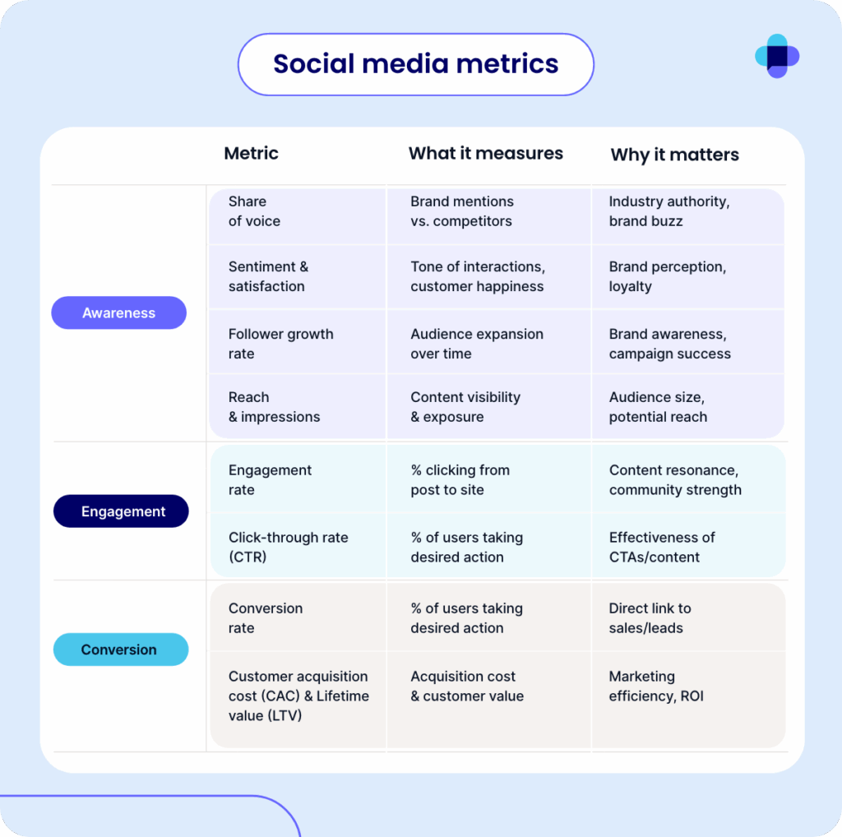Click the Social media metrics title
[415, 64]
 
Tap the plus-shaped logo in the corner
[777, 56]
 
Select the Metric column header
[252, 154]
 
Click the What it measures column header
[485, 154]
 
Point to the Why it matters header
[674, 155]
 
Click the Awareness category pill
[118, 312]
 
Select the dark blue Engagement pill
[121, 511]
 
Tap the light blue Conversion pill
[121, 650]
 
